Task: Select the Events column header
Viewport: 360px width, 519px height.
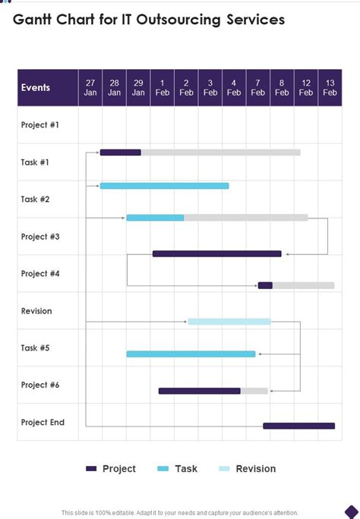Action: pos(36,87)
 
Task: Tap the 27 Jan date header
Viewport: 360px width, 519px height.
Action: pos(90,87)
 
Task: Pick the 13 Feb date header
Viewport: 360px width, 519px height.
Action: pos(330,87)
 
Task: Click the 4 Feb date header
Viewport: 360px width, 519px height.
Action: pos(234,87)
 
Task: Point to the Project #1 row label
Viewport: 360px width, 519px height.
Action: pos(39,124)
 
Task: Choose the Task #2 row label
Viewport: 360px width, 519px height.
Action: pos(36,199)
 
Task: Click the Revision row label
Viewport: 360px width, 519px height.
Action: pos(36,311)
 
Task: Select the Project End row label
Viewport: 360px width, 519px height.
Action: pos(43,422)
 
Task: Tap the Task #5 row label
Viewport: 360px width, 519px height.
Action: pos(36,348)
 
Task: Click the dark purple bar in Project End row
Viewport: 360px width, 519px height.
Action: pos(298,426)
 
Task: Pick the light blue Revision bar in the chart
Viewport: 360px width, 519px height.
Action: pos(229,322)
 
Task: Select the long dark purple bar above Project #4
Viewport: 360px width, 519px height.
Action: pos(216,253)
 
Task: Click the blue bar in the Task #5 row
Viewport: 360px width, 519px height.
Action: pos(191,354)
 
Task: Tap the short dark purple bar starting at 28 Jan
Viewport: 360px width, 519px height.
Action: pos(120,153)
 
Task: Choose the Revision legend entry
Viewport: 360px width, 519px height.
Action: pos(248,469)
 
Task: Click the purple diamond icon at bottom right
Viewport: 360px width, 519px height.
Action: pos(350,511)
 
